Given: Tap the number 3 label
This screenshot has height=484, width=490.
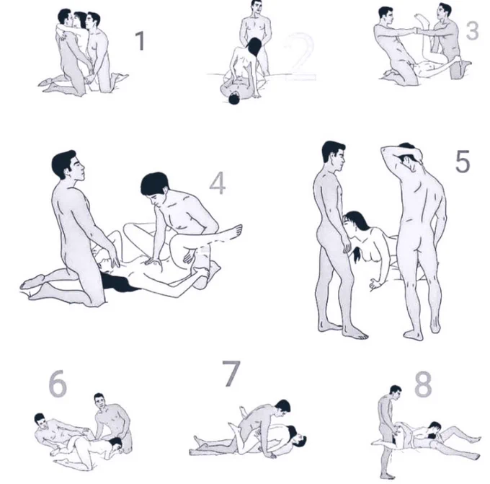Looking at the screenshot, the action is pos(472,31).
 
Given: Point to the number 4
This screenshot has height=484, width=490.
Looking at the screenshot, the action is pos(218,183).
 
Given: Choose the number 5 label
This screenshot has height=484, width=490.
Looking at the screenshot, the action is pos(463,162).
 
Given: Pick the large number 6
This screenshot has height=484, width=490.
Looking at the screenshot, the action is pos(58,384).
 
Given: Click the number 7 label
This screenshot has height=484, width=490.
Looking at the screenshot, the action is pos(231,373).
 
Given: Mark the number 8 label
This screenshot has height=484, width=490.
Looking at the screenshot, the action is pos(423,384).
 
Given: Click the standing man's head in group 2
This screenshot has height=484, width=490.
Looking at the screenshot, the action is pos(257,7).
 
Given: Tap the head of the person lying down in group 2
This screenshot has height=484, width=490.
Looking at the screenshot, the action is pos(233,98).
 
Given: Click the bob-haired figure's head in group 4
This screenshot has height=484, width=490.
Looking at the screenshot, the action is pos(155,189).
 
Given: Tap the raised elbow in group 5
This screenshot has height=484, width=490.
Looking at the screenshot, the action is pos(384,150).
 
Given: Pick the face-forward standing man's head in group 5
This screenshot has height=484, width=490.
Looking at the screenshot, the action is pos(334,156).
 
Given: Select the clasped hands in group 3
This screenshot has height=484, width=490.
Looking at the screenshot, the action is pos(416,30).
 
